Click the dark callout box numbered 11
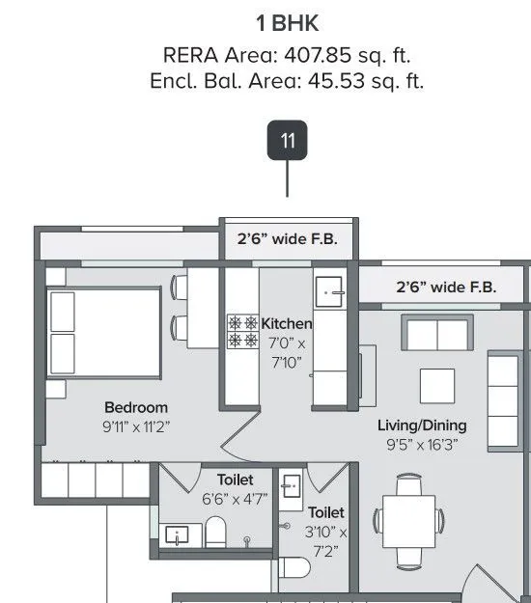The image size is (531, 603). pyautogui.click(x=288, y=141)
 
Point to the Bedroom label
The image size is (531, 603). pyautogui.click(x=136, y=407)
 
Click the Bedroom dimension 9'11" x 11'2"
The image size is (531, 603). pyautogui.click(x=136, y=425)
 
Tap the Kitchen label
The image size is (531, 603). pyautogui.click(x=287, y=324)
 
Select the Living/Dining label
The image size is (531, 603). pyautogui.click(x=421, y=425)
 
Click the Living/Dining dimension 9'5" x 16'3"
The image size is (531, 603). pyautogui.click(x=421, y=445)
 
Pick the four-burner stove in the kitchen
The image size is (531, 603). pyautogui.click(x=242, y=332)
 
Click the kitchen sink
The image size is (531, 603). pyautogui.click(x=330, y=292)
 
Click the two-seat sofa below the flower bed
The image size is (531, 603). pyautogui.click(x=437, y=334)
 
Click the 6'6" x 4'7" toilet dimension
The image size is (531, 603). pyautogui.click(x=235, y=500)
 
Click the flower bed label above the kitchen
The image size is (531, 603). pyautogui.click(x=287, y=239)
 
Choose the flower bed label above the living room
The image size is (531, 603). pyautogui.click(x=446, y=288)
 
